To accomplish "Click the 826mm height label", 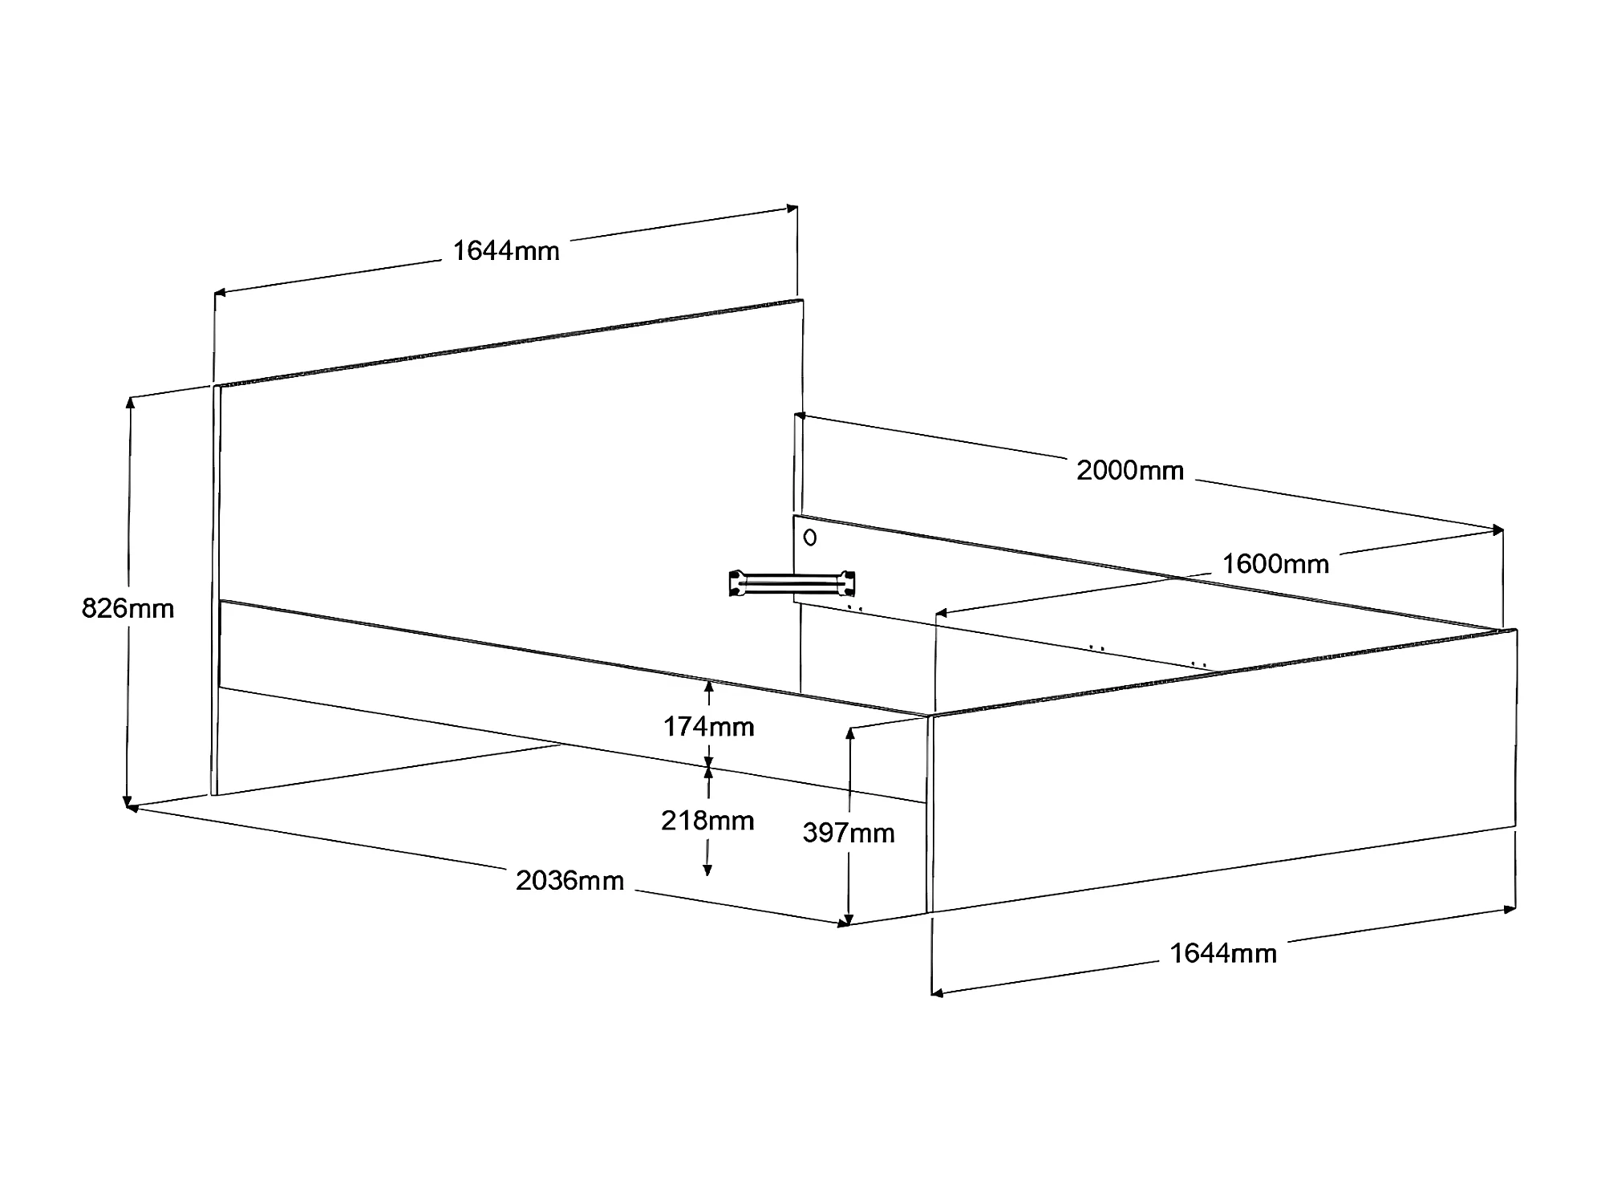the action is point(128,608).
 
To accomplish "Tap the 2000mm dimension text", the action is point(1129,470).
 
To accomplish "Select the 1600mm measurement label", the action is point(1275,564).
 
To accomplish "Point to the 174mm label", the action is point(708,727).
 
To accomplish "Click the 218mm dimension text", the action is point(707,821).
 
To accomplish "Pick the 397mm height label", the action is point(849,833).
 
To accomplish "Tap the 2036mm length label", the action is point(569,881).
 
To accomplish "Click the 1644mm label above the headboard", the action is point(506,251).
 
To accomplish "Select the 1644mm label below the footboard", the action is point(1223,953).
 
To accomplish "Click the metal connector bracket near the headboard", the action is point(792,583).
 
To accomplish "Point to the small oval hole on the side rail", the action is point(810,538).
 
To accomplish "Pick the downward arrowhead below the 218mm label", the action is point(707,870).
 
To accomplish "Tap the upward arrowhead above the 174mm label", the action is point(708,687).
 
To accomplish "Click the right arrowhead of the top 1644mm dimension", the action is point(792,209).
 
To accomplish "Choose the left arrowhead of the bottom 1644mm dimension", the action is point(937,993).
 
